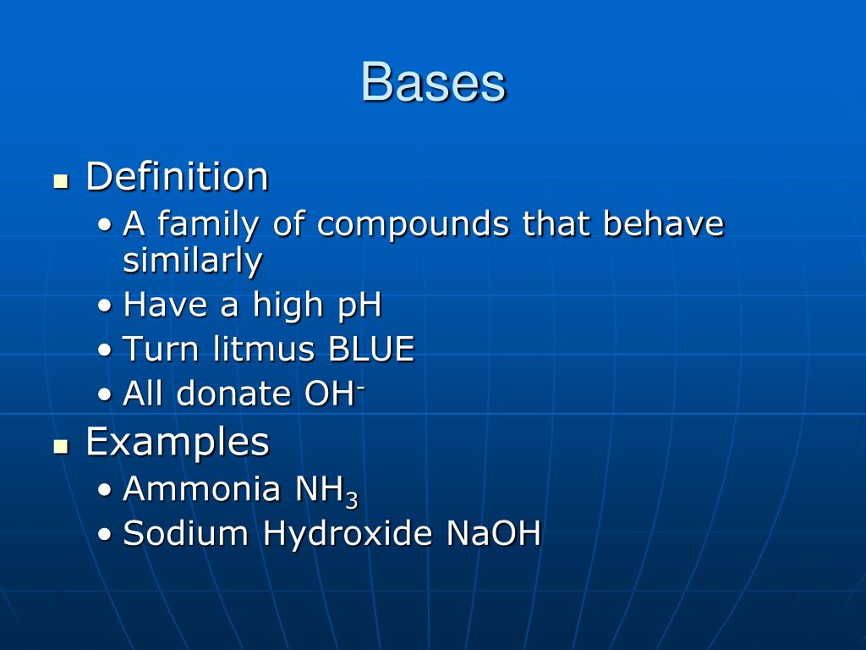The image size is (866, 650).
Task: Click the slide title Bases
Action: click(433, 83)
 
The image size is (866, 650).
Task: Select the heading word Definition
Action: click(177, 177)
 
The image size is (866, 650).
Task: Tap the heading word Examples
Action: click(178, 442)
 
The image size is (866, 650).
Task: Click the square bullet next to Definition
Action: click(60, 181)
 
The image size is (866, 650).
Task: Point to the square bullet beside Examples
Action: click(60, 446)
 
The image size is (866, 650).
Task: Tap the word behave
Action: click(664, 224)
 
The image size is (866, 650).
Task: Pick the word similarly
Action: click(192, 261)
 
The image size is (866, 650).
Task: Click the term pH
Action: click(359, 305)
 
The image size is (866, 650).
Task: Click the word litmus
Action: click(253, 349)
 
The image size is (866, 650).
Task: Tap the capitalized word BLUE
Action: click(372, 349)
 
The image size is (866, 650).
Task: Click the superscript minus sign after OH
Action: click(360, 385)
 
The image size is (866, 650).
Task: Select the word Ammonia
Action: click(201, 489)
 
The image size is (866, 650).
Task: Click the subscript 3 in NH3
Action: click(351, 499)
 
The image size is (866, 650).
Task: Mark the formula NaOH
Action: click(493, 533)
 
